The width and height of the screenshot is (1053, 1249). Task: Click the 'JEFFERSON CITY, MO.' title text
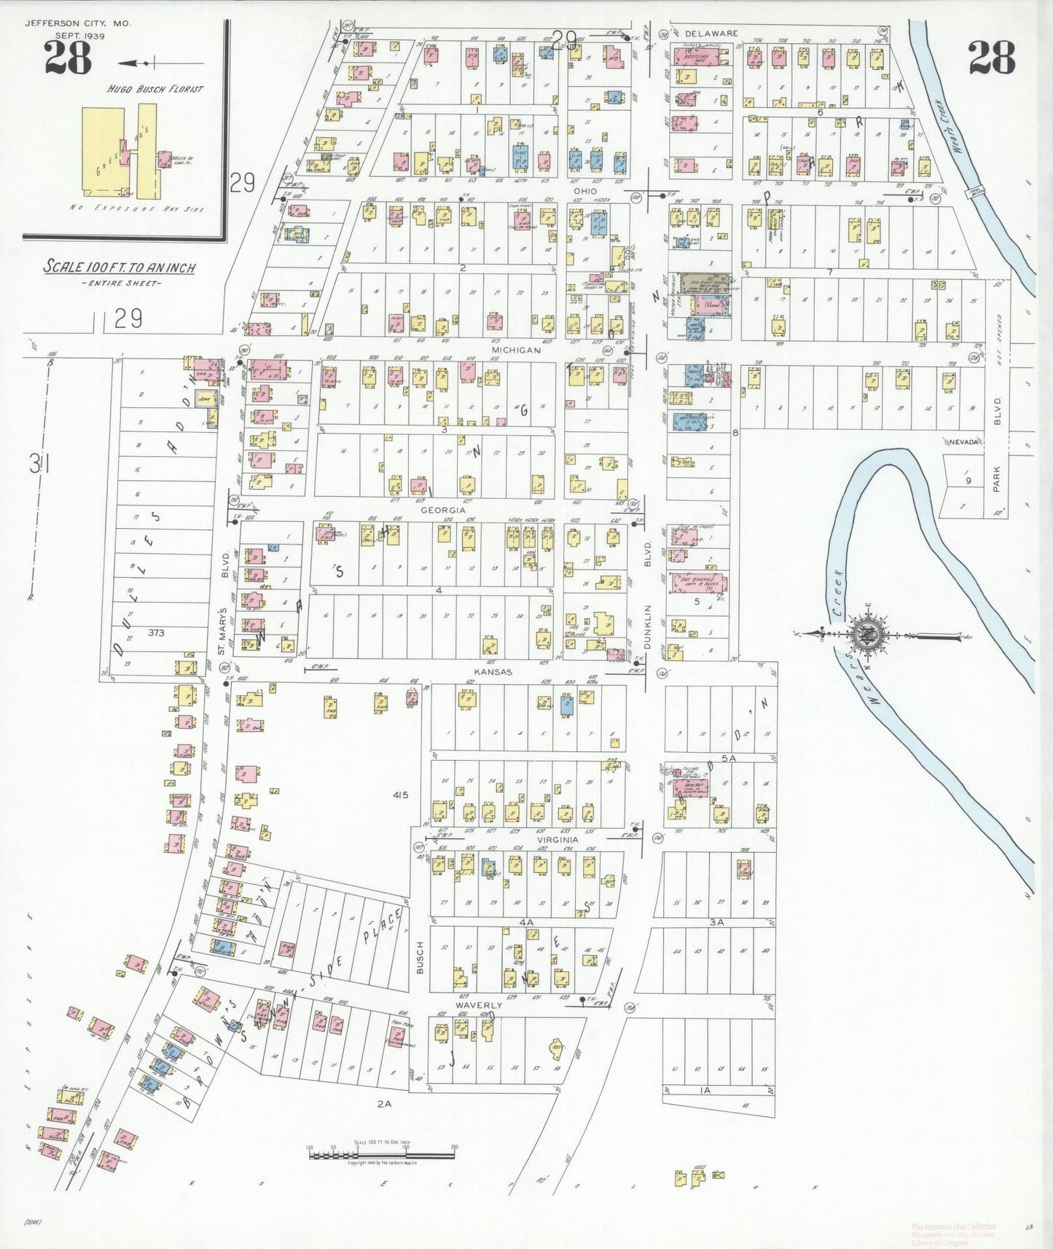78,23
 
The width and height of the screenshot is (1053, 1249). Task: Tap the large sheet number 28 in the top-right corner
991,58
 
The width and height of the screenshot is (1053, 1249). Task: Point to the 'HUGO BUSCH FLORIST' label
155,90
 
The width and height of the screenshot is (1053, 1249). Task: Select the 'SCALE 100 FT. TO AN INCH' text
120,267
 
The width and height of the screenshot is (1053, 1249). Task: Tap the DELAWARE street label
712,34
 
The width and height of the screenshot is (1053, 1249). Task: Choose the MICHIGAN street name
516,351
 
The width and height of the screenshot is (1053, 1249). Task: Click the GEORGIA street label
442,510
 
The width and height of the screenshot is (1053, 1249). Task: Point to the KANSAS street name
493,672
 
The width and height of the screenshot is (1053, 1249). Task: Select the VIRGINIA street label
558,839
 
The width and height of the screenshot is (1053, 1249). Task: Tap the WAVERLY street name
479,1006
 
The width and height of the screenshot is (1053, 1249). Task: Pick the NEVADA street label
963,442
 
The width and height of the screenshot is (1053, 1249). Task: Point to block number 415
399,795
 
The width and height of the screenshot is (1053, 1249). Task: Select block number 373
155,633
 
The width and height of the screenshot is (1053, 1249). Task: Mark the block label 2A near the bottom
384,1104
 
